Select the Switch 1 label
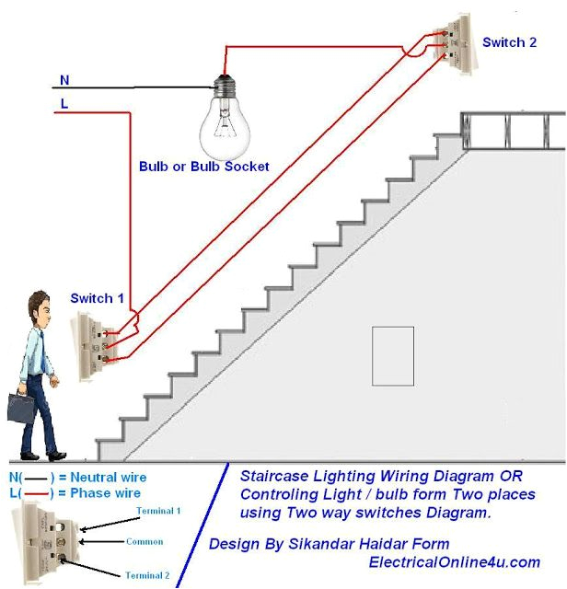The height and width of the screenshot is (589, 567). coord(97,298)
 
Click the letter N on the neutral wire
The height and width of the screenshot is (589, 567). coord(64,80)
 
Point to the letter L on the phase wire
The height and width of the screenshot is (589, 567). coord(64,103)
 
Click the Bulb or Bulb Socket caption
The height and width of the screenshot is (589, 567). coord(204,167)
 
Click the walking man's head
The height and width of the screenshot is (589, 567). coord(40,308)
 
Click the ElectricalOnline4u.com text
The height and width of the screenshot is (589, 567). coord(454,561)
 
